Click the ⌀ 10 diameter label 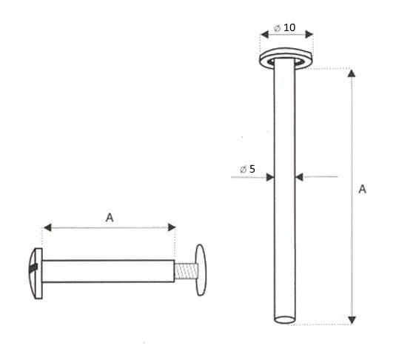[285, 27]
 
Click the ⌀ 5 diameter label [247, 170]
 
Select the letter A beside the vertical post [362, 189]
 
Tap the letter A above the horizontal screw [110, 218]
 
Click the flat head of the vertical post [286, 59]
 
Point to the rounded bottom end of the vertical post [286, 320]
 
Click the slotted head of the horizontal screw [34, 265]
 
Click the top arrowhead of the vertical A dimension [352, 73]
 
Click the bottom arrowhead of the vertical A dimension [352, 319]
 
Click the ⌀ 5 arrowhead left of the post [270, 177]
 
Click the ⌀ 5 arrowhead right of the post [300, 177]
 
